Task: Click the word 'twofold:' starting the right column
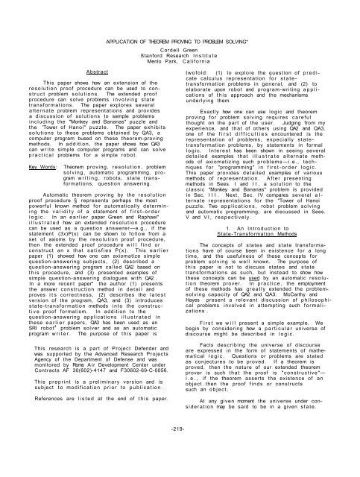tap(203, 55)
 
